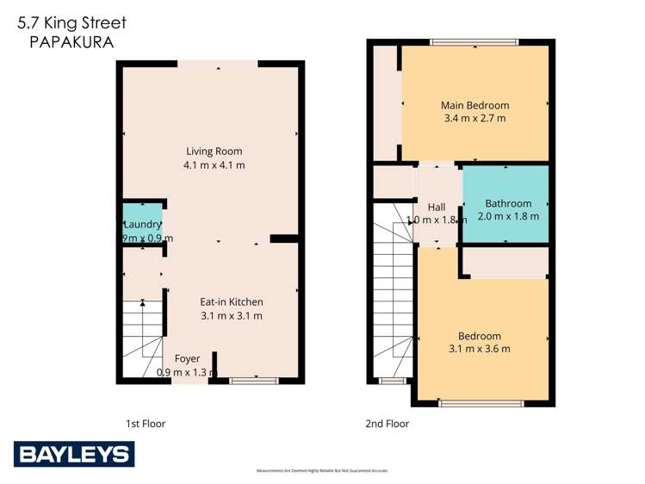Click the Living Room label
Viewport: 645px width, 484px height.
[x=214, y=152]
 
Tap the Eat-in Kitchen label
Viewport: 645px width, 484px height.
[x=232, y=302]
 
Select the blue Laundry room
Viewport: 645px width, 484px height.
[x=142, y=222]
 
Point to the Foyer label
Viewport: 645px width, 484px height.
[x=187, y=359]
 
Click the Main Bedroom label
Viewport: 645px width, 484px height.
[x=474, y=105]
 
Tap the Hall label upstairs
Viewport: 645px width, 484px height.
[x=437, y=207]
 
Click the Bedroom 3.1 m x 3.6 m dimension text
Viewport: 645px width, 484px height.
[x=480, y=349]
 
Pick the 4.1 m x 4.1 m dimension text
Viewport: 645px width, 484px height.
[x=214, y=164]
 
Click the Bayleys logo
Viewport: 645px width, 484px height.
[x=73, y=454]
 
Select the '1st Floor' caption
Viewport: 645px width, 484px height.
[x=146, y=424]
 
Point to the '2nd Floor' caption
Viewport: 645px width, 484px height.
[x=388, y=424]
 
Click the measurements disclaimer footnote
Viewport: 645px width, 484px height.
[x=323, y=471]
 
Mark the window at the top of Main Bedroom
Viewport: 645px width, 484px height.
[x=474, y=41]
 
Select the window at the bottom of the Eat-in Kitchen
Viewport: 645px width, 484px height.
[x=254, y=380]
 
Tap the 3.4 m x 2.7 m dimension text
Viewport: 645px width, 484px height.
[x=474, y=118]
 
